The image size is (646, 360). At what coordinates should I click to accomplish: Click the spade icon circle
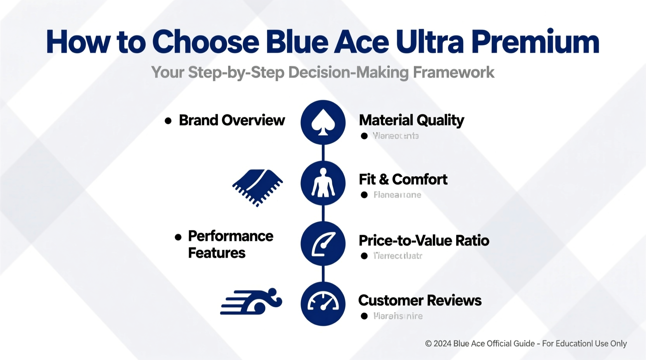click(x=323, y=122)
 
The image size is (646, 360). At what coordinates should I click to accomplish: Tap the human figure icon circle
click(x=323, y=183)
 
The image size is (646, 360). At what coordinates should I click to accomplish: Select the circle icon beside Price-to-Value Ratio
click(x=323, y=244)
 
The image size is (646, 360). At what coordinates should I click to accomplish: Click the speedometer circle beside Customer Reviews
click(x=323, y=304)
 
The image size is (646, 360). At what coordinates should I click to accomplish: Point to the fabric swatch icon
click(x=257, y=187)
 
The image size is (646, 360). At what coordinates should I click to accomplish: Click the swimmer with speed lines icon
click(x=251, y=301)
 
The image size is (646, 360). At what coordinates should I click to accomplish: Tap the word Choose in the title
click(x=205, y=42)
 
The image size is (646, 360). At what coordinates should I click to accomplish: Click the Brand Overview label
click(x=232, y=120)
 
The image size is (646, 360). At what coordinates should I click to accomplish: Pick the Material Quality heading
click(x=411, y=120)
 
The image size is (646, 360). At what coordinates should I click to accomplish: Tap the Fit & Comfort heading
click(x=403, y=180)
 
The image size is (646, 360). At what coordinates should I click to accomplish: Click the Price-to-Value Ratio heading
click(x=424, y=241)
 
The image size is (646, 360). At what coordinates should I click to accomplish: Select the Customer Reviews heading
click(x=420, y=301)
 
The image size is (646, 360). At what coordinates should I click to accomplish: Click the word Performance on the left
click(x=231, y=236)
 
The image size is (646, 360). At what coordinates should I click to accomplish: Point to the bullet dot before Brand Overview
click(x=168, y=121)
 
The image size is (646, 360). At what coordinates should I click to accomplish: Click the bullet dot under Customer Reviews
click(x=364, y=316)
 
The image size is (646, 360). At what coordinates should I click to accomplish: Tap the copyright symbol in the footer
click(x=428, y=344)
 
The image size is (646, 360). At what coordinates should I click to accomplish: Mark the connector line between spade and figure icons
click(x=323, y=152)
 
